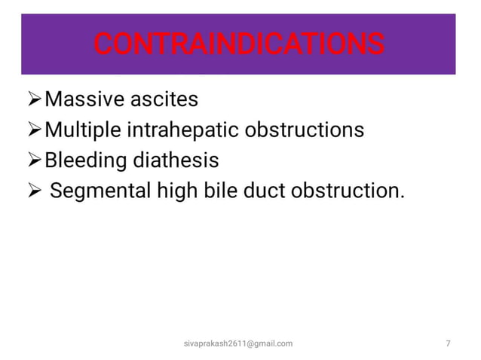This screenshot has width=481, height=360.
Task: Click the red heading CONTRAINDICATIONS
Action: click(x=239, y=44)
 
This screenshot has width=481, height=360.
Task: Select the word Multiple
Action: click(x=84, y=130)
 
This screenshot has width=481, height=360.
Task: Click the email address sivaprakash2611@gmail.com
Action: click(x=239, y=343)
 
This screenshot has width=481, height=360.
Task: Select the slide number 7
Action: click(x=449, y=343)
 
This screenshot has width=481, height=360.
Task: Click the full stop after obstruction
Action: click(x=400, y=197)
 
